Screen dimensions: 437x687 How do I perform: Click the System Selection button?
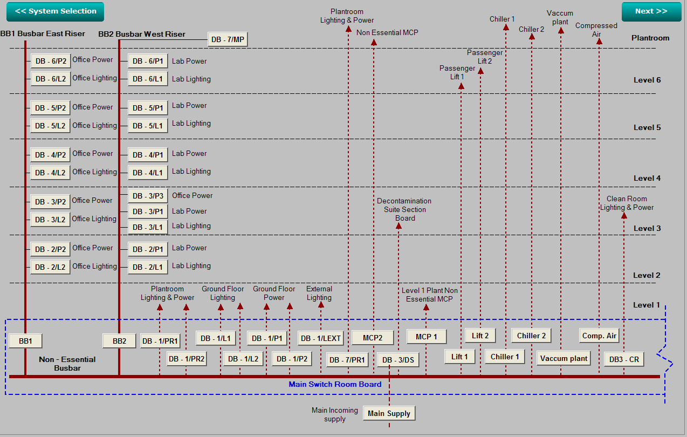[56, 11]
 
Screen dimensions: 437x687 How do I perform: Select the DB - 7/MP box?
[228, 39]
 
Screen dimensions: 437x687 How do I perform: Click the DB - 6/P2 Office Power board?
[51, 61]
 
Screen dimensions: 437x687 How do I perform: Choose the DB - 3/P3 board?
[148, 196]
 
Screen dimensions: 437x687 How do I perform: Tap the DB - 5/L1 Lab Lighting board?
[148, 126]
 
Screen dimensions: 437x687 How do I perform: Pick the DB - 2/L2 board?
[51, 267]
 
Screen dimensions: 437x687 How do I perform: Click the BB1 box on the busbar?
[25, 341]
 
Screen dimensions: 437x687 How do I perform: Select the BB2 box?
[119, 341]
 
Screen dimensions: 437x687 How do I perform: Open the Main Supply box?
[389, 414]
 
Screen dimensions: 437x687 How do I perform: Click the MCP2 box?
[373, 338]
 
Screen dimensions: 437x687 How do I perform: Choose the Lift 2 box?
[480, 336]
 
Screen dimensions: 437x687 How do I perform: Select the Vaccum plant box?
[564, 358]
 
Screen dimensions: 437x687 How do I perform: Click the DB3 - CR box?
[624, 360]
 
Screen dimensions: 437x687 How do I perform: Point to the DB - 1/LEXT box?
[321, 338]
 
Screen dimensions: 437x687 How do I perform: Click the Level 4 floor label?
[647, 178]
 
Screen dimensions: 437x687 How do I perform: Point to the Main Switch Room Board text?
[335, 385]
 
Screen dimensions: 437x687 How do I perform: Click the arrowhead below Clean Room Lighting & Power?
[624, 216]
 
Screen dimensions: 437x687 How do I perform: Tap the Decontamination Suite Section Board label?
[404, 209]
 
